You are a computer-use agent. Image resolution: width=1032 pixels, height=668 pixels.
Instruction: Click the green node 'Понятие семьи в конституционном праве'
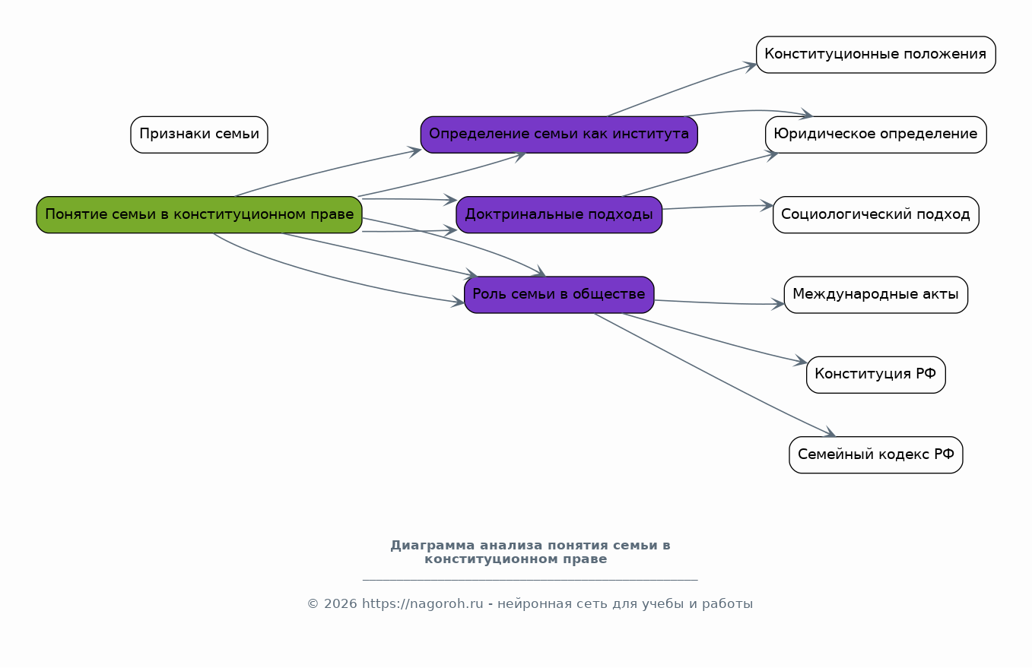tap(199, 214)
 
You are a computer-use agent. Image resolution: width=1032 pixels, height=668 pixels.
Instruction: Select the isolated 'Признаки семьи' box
tap(199, 135)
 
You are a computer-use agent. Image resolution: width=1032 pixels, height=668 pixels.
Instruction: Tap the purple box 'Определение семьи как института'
tap(559, 135)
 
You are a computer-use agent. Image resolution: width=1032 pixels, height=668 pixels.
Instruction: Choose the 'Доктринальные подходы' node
tap(559, 214)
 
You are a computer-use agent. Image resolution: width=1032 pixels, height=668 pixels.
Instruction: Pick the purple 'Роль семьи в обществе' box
tap(559, 295)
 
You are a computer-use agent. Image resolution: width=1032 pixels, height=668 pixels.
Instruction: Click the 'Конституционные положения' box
tap(876, 54)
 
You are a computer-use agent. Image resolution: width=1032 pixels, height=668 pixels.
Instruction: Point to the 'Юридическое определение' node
tap(876, 135)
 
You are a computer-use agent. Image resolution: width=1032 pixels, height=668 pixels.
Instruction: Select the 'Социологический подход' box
tap(876, 214)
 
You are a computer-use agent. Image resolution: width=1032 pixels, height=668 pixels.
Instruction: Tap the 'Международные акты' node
tap(876, 295)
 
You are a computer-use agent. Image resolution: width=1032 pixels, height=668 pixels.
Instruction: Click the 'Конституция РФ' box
tap(876, 375)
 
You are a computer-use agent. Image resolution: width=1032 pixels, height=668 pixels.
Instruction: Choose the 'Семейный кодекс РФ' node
tap(876, 455)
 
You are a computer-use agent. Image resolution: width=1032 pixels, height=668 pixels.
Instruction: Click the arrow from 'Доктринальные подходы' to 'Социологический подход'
tap(718, 207)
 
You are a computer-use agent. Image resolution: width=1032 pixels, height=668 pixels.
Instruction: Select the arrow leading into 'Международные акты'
tap(719, 303)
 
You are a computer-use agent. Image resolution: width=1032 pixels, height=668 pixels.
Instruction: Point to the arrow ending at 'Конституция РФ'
tap(714, 339)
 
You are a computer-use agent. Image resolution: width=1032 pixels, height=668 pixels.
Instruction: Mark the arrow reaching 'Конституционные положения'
tap(681, 88)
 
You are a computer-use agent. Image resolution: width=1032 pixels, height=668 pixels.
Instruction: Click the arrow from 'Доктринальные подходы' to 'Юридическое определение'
tap(700, 175)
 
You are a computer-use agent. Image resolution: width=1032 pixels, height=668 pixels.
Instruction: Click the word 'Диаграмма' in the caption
tap(426, 546)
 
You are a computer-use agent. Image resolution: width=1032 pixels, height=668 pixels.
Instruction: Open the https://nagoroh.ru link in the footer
tap(423, 603)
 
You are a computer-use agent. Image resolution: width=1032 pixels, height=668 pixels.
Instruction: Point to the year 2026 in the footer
tap(341, 603)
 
